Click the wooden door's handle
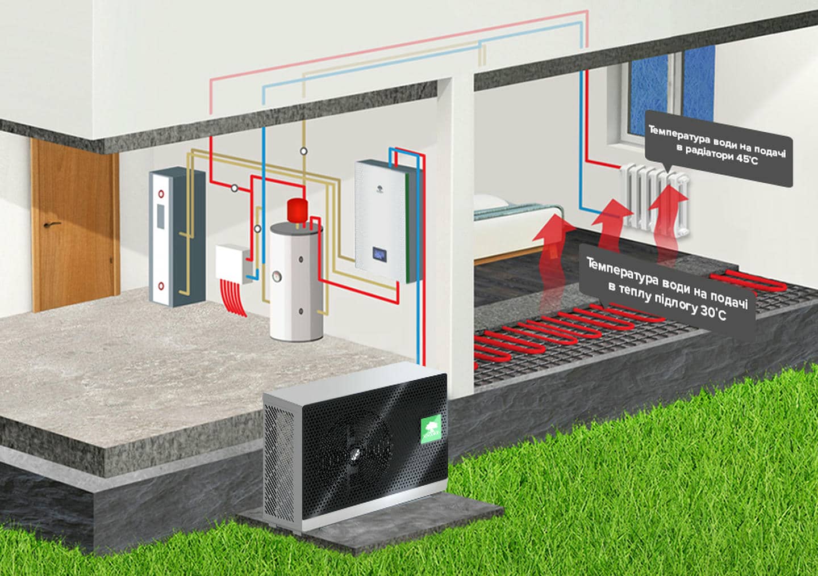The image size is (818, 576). click(x=52, y=224)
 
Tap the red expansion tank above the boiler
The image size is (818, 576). click(x=297, y=211)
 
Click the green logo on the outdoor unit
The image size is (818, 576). click(x=431, y=429)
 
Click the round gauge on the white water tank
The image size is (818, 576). click(x=277, y=278)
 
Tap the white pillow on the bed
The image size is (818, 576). click(x=490, y=202)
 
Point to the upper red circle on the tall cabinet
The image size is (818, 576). click(x=161, y=194)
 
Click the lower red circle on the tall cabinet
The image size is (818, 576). click(x=161, y=287)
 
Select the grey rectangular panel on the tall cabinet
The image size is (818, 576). click(x=160, y=217)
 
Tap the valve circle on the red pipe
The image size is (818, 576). click(x=235, y=188)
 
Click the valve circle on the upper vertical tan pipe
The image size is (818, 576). click(x=303, y=151)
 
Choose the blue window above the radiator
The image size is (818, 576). click(x=671, y=89)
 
